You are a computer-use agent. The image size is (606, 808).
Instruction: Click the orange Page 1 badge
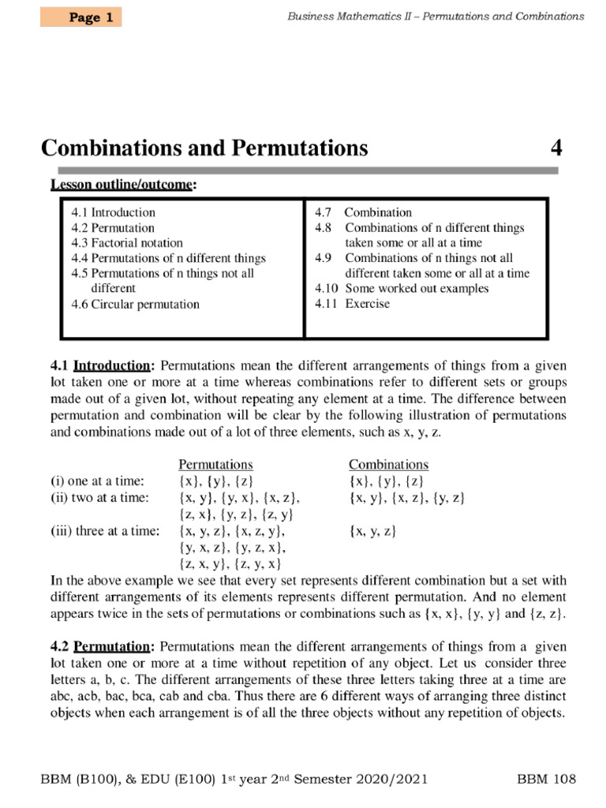pyautogui.click(x=81, y=17)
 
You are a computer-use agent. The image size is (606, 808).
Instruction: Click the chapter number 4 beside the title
pyautogui.click(x=555, y=148)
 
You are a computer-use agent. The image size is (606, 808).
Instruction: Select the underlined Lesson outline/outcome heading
pyautogui.click(x=124, y=185)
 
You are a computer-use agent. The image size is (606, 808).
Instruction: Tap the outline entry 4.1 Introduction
pyautogui.click(x=113, y=212)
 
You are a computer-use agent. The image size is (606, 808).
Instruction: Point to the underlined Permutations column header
pyautogui.click(x=215, y=465)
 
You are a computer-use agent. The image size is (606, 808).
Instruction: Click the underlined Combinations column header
pyautogui.click(x=388, y=465)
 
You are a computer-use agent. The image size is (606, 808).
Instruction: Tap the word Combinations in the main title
pyautogui.click(x=113, y=148)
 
